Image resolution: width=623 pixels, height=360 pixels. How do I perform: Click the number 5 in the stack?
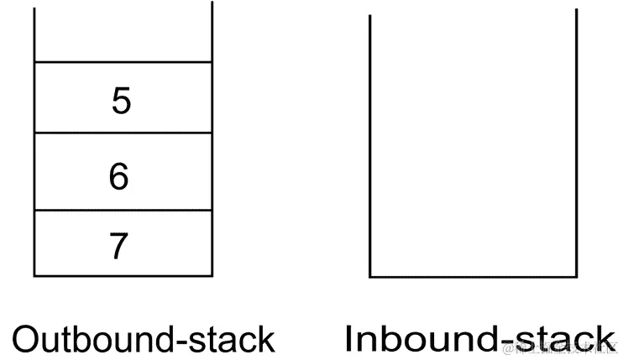(x=122, y=101)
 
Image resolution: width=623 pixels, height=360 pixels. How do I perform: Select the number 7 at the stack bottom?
(x=119, y=247)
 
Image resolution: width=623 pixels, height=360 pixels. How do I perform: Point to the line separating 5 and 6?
(x=123, y=133)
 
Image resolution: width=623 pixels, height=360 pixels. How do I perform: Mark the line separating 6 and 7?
(x=123, y=211)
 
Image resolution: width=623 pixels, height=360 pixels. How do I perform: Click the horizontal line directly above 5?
(x=123, y=61)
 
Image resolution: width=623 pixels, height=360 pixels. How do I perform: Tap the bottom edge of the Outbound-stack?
(x=123, y=275)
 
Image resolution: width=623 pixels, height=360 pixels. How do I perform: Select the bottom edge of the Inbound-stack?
(x=474, y=276)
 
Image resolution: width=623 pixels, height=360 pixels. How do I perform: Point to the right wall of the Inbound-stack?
(x=577, y=143)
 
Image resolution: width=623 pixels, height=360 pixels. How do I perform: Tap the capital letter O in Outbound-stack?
(x=26, y=339)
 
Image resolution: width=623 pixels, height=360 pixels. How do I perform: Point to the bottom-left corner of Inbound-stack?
(x=371, y=276)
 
